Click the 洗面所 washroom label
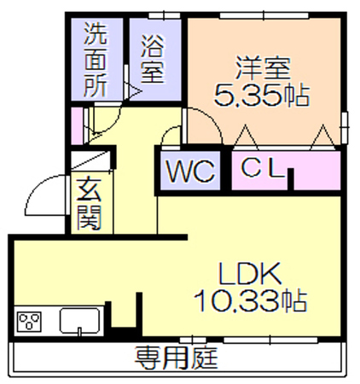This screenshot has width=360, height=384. click(96, 60)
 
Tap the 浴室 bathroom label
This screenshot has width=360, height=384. click(153, 59)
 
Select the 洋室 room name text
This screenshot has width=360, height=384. click(263, 68)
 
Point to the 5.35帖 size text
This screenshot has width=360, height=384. click(261, 95)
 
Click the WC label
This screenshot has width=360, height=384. click(190, 172)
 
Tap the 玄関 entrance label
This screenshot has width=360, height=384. click(90, 203)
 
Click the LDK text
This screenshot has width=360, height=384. click(249, 274)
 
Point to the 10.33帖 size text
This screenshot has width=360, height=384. click(250, 300)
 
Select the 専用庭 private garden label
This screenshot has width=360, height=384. click(176, 358)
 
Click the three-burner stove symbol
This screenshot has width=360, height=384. click(29, 321)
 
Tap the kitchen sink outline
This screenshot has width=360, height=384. click(79, 320)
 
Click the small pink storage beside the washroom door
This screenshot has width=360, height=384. click(77, 125)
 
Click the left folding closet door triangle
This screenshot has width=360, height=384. click(246, 137)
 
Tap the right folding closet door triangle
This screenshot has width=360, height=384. click(322, 137)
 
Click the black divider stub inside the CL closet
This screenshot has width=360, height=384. click(290, 179)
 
